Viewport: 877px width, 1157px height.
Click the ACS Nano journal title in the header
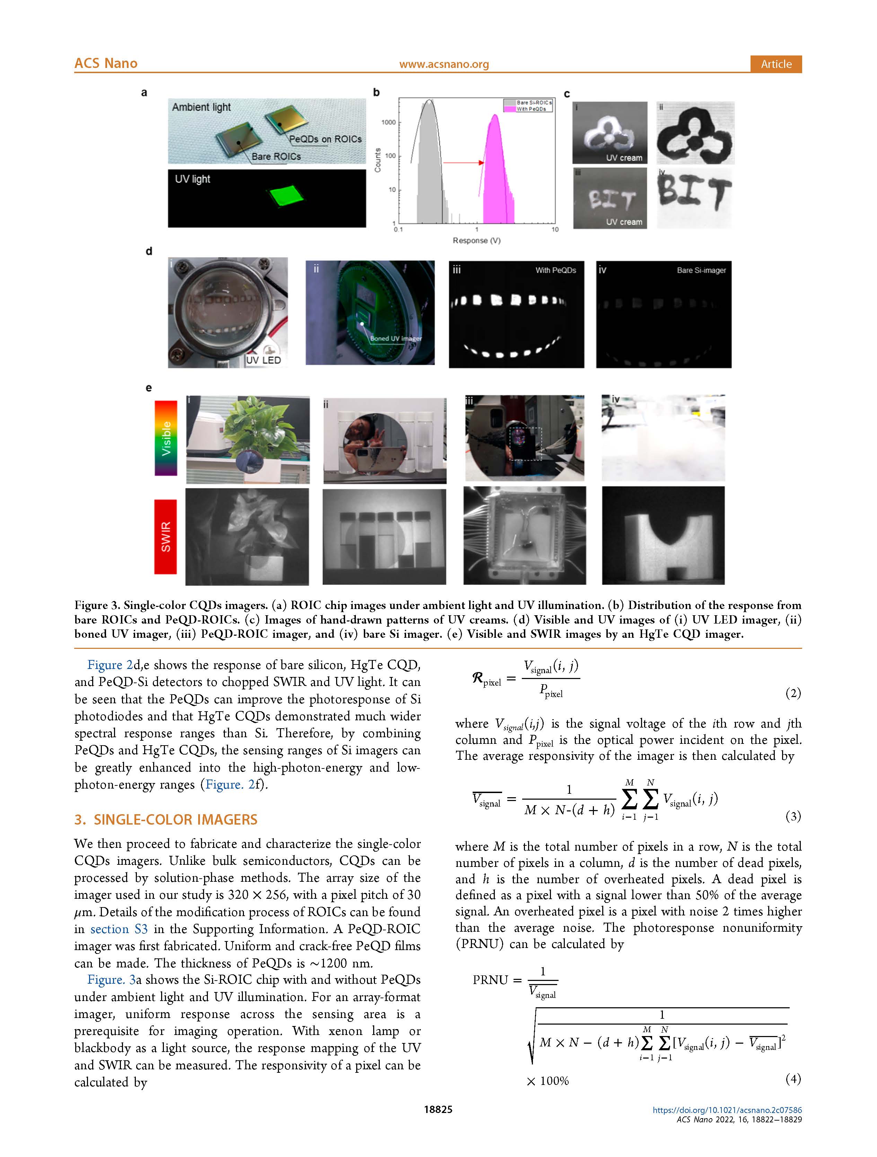(x=106, y=63)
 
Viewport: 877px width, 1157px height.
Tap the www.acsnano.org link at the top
(x=444, y=64)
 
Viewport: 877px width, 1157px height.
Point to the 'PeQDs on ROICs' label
(x=325, y=139)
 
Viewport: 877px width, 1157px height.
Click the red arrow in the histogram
(x=463, y=163)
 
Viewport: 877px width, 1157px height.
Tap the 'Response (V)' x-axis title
(x=476, y=241)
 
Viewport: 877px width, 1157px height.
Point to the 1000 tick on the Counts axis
(x=388, y=122)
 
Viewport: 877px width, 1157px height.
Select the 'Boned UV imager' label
(x=395, y=338)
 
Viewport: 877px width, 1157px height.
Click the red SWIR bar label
(x=165, y=537)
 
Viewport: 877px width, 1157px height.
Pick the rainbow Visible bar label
(x=166, y=438)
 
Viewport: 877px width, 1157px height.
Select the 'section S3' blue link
(x=119, y=929)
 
